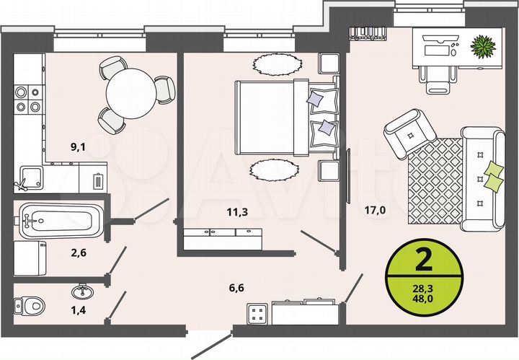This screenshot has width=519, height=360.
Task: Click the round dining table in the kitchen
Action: (133, 92)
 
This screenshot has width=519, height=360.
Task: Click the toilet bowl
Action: (30, 305)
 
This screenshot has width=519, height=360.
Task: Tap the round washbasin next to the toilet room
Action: (81, 292)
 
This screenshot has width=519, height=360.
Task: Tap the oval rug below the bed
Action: (274, 171)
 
